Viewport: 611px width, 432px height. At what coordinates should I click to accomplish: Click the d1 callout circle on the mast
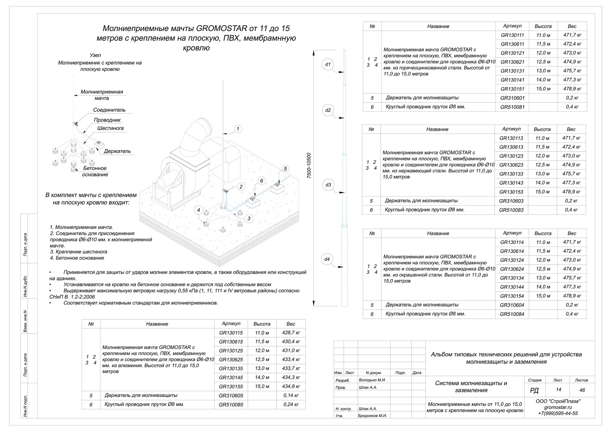(x=328, y=65)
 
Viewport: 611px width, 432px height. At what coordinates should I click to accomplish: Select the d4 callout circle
(x=327, y=259)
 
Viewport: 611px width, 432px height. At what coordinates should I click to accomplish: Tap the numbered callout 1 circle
(x=238, y=129)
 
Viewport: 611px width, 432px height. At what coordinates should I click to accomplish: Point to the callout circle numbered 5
(x=285, y=168)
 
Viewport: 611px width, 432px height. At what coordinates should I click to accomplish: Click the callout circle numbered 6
(x=262, y=181)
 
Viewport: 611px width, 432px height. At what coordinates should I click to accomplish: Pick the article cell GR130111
(x=512, y=35)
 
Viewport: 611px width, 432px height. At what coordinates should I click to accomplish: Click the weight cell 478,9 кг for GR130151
(x=572, y=89)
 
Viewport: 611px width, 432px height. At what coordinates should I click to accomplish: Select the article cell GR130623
(x=511, y=165)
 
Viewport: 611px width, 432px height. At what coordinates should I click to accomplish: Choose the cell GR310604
(x=512, y=305)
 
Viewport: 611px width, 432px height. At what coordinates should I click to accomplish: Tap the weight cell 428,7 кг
(x=291, y=333)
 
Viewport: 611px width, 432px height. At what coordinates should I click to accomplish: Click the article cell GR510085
(x=231, y=405)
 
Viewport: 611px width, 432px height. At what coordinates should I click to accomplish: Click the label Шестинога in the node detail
(x=110, y=128)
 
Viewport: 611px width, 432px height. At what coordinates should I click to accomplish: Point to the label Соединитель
(x=109, y=110)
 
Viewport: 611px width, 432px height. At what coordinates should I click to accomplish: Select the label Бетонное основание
(x=95, y=171)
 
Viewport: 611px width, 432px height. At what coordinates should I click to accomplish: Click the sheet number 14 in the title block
(x=558, y=390)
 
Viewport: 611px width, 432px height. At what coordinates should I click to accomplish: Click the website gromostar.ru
(x=558, y=407)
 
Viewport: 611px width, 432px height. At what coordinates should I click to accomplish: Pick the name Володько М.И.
(x=372, y=380)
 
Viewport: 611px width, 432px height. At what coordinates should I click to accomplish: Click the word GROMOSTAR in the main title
(x=222, y=28)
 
